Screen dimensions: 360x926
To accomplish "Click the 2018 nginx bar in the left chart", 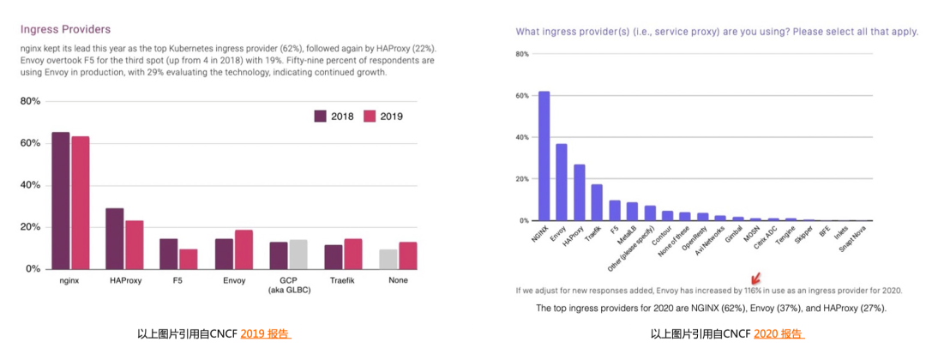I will coord(61,201).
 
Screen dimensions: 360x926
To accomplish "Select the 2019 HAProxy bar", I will coord(134,244).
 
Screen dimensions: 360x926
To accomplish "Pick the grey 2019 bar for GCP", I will coord(298,254).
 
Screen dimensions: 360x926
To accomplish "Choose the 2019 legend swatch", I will coord(370,117).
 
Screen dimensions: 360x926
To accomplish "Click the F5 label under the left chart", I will coord(178,280).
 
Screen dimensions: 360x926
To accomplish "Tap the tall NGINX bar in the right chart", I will coord(544,156).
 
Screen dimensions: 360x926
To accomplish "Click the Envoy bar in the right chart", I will coord(562,182).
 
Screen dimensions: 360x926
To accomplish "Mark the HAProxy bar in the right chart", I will coord(580,192).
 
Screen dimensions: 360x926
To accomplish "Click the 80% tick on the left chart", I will coord(30,101).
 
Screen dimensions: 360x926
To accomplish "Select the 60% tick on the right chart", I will coord(521,96).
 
